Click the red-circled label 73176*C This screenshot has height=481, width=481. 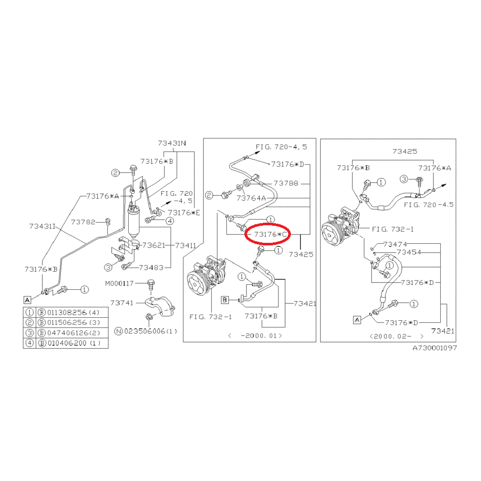(271, 235)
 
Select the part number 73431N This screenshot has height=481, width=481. (172, 143)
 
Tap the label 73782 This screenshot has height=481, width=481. (83, 222)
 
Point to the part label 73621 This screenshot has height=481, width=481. (153, 245)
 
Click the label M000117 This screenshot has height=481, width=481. (119, 284)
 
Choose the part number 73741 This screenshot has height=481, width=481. (122, 303)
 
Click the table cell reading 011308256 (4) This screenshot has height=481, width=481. (73, 313)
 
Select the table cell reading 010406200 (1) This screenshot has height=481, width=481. (73, 343)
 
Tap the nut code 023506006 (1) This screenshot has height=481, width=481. (150, 331)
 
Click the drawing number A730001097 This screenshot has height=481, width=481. (435, 348)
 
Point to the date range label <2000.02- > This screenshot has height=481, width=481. (396, 336)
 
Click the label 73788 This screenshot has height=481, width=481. (286, 183)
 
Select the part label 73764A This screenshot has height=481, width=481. (251, 198)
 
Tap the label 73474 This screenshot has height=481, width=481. (395, 244)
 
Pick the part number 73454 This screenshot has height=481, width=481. (409, 252)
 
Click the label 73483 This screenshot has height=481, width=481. (151, 268)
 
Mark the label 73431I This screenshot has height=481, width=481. (42, 226)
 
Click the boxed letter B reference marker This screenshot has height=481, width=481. (225, 300)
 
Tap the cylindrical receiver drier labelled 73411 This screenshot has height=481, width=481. (133, 222)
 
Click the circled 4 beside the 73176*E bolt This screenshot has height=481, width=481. (169, 221)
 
